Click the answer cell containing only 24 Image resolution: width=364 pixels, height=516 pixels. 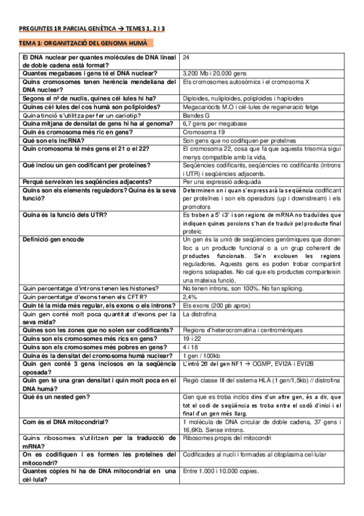tap(186, 57)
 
